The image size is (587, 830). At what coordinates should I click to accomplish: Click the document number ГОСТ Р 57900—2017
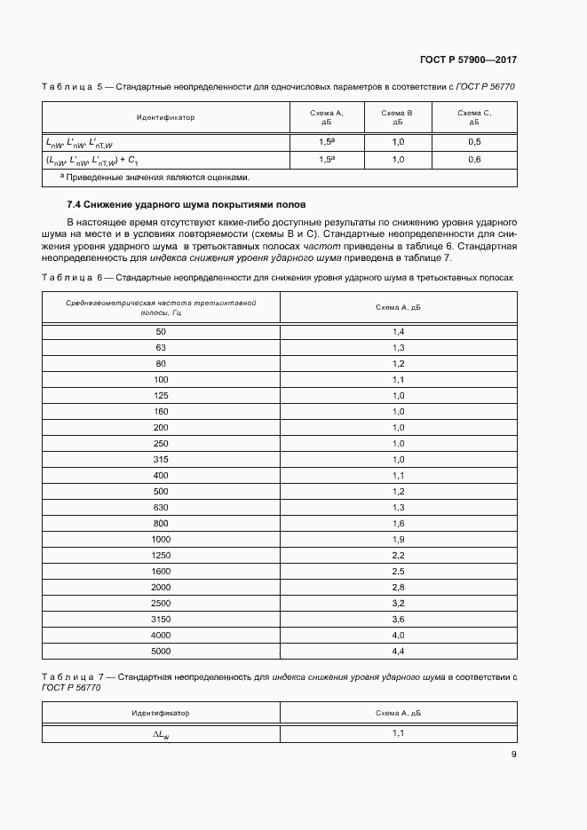[x=468, y=59]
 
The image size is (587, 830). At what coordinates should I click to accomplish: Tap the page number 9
[x=513, y=755]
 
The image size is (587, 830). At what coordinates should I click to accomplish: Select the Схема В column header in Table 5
[x=398, y=118]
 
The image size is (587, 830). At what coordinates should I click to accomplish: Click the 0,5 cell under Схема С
[x=474, y=142]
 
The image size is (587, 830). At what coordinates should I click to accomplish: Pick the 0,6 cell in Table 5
[x=474, y=160]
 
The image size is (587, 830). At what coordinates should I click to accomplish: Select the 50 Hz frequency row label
[x=161, y=331]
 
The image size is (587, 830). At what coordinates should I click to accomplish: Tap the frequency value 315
[x=161, y=459]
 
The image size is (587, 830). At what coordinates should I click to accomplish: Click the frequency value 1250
[x=161, y=555]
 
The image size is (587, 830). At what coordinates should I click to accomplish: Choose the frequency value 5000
[x=161, y=652]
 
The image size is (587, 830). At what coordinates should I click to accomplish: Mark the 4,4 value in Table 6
[x=398, y=652]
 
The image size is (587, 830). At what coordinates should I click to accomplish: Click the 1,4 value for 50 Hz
[x=398, y=331]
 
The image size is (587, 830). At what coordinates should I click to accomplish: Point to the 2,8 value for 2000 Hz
[x=398, y=588]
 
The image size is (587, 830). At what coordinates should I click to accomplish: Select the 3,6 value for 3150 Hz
[x=398, y=620]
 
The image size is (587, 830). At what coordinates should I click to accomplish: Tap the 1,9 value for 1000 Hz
[x=398, y=539]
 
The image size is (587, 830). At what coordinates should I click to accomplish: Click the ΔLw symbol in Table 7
[x=161, y=735]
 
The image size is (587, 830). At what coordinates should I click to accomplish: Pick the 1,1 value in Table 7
[x=398, y=733]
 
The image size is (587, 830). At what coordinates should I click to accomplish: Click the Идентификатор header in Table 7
[x=161, y=713]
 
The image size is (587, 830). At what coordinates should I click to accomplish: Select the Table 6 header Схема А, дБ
[x=398, y=307]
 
